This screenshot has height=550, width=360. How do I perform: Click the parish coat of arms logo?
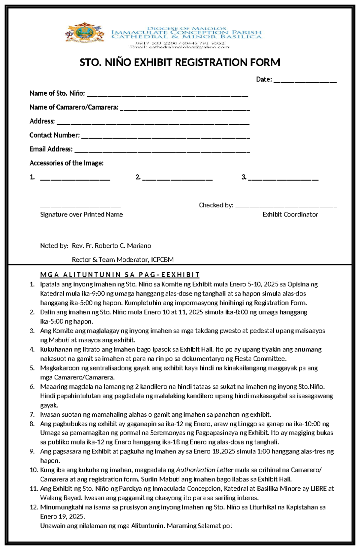pyautogui.click(x=85, y=33)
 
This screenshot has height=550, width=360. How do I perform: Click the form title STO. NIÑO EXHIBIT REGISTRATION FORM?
pyautogui.click(x=180, y=63)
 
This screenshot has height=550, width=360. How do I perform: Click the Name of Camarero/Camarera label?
pyautogui.click(x=74, y=107)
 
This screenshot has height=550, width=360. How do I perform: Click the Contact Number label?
pyautogui.click(x=55, y=135)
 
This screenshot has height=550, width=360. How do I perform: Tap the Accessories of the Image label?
pyautogui.click(x=66, y=163)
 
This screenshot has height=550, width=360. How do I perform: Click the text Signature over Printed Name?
pyautogui.click(x=81, y=215)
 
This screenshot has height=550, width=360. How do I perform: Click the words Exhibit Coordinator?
pyautogui.click(x=290, y=215)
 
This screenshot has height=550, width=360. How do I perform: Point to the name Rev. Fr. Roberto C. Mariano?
pyautogui.click(x=111, y=246)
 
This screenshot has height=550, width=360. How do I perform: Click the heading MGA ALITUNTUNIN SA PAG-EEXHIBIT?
pyautogui.click(x=120, y=275)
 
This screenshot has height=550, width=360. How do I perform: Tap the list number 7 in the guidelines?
pyautogui.click(x=32, y=415)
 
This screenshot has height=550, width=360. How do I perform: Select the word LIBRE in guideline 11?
pyautogui.click(x=319, y=489)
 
